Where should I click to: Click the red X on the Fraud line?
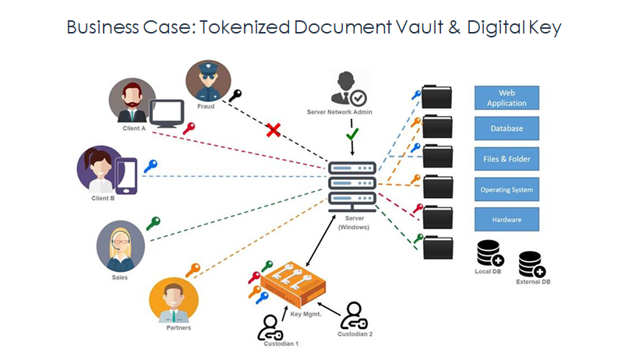[273, 130]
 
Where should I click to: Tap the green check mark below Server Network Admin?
[352, 134]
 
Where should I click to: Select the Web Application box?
[507, 98]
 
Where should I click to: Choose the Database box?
[507, 129]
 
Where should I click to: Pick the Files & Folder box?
[507, 159]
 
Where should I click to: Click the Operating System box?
[507, 189]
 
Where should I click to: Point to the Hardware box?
[507, 219]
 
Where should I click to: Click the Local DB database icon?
[490, 253]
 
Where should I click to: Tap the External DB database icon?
[531, 264]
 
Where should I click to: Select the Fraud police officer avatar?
[208, 81]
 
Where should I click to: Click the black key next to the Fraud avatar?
[235, 96]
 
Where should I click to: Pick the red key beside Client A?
[189, 129]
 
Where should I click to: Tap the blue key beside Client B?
[150, 166]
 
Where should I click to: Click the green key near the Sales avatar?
[154, 224]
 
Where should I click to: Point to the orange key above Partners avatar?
[192, 270]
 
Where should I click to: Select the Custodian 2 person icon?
[354, 316]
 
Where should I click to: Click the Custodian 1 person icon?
[270, 328]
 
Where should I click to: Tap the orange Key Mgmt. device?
[293, 284]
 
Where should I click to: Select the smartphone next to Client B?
[126, 176]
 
